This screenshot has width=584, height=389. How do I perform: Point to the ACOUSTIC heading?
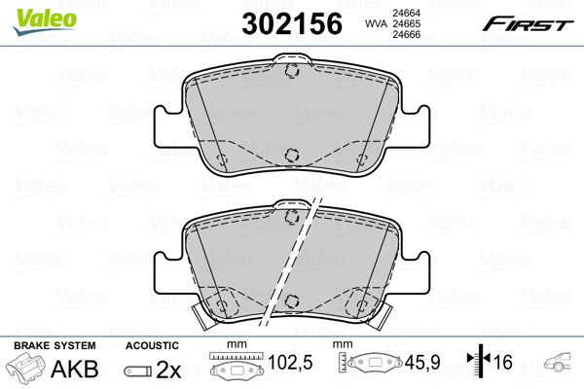[152, 345]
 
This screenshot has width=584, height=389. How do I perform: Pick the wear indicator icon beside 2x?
[140, 370]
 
